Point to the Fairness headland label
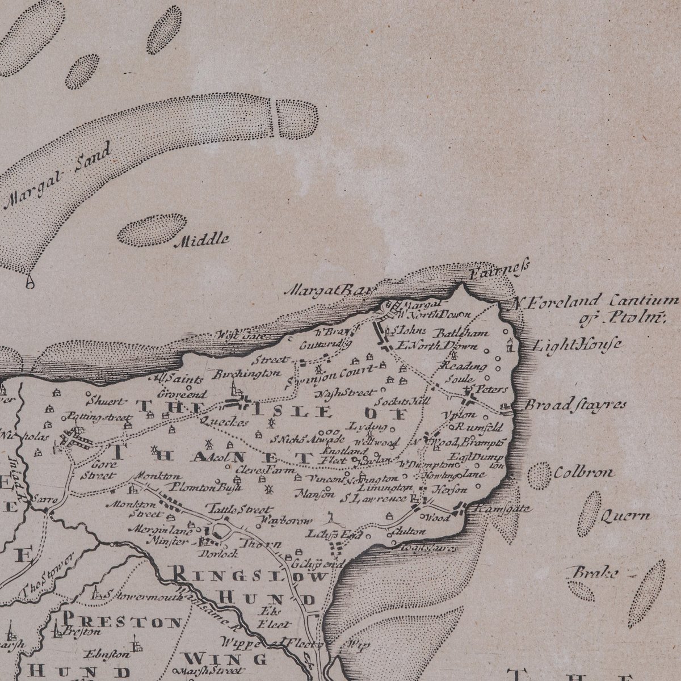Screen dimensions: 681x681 tap(501, 268)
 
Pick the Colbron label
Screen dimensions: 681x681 tap(584, 472)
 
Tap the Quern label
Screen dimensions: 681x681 tap(625, 516)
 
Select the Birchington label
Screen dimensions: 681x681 tap(247, 373)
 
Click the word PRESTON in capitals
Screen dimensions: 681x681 tap(123, 621)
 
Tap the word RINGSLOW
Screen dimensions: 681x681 tap(249, 577)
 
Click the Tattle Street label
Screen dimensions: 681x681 tap(238, 510)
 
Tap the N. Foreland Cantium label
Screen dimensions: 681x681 tap(593, 301)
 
